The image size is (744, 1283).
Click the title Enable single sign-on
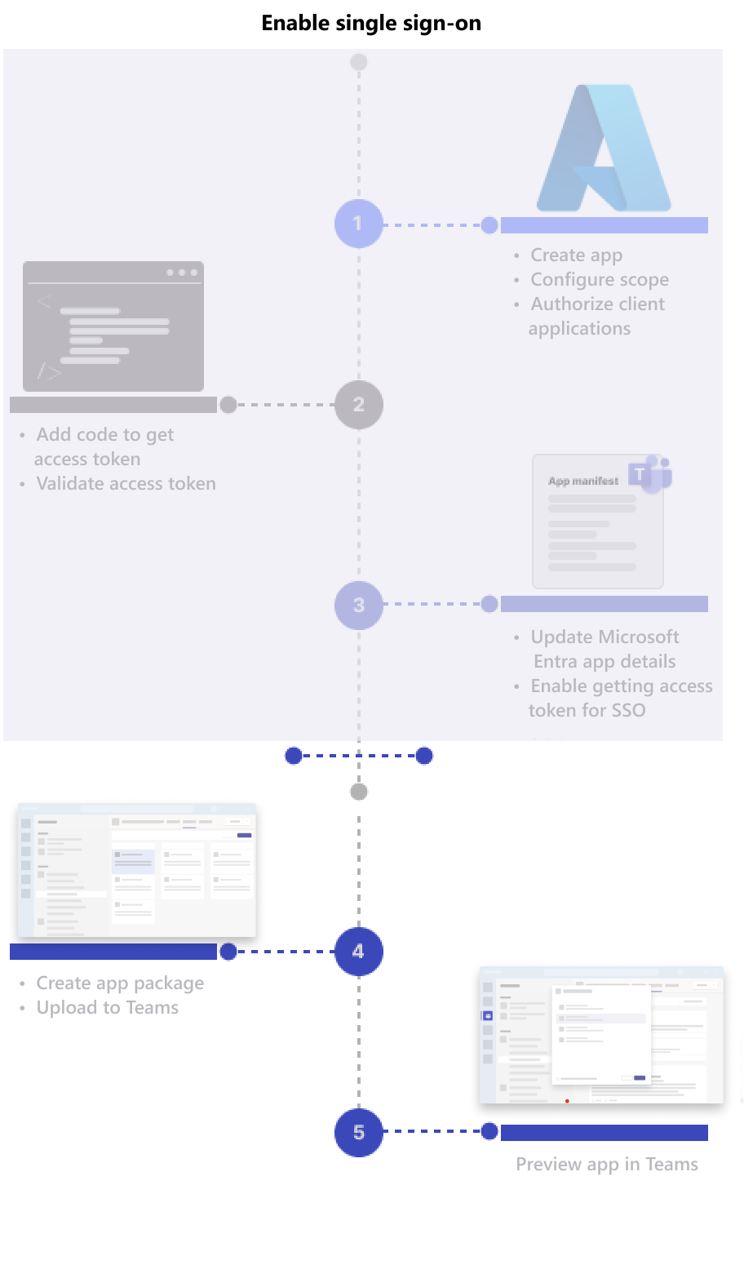[371, 23]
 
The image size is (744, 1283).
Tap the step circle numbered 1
[358, 224]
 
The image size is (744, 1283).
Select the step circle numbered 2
[358, 405]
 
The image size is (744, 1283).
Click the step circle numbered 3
[358, 606]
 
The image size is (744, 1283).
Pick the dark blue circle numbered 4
[358, 952]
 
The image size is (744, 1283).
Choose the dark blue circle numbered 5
[358, 1133]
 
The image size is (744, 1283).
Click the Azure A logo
[604, 149]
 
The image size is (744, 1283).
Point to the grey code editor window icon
[113, 326]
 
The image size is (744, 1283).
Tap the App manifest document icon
[597, 522]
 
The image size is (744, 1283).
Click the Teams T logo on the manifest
[651, 474]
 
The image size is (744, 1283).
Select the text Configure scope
[600, 280]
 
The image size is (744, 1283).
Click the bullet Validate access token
[126, 484]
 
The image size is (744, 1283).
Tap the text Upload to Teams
[107, 1008]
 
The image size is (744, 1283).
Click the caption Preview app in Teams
[606, 1165]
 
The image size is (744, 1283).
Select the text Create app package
[120, 983]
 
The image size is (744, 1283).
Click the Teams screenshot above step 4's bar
[136, 870]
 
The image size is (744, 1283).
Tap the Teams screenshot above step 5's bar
[601, 1035]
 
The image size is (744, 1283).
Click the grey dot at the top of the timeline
[358, 62]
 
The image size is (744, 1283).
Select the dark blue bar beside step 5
[604, 1133]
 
